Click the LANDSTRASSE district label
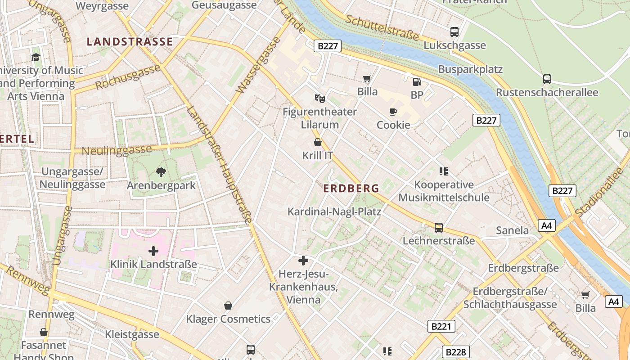(130, 42)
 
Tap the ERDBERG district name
(351, 189)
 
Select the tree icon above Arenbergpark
(161, 172)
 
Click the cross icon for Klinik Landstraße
(153, 251)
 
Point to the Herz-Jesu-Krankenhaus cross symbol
(303, 260)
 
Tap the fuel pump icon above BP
(417, 81)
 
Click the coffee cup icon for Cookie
(393, 112)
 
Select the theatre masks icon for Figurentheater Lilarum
(319, 98)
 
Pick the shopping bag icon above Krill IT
(318, 142)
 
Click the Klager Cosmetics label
(228, 319)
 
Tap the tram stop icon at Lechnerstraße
(439, 227)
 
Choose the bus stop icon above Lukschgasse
(454, 31)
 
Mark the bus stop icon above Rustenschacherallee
(547, 79)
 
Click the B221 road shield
(441, 326)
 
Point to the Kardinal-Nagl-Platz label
(334, 211)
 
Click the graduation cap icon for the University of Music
(36, 57)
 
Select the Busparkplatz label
(470, 69)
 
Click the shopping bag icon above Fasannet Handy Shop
(44, 332)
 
